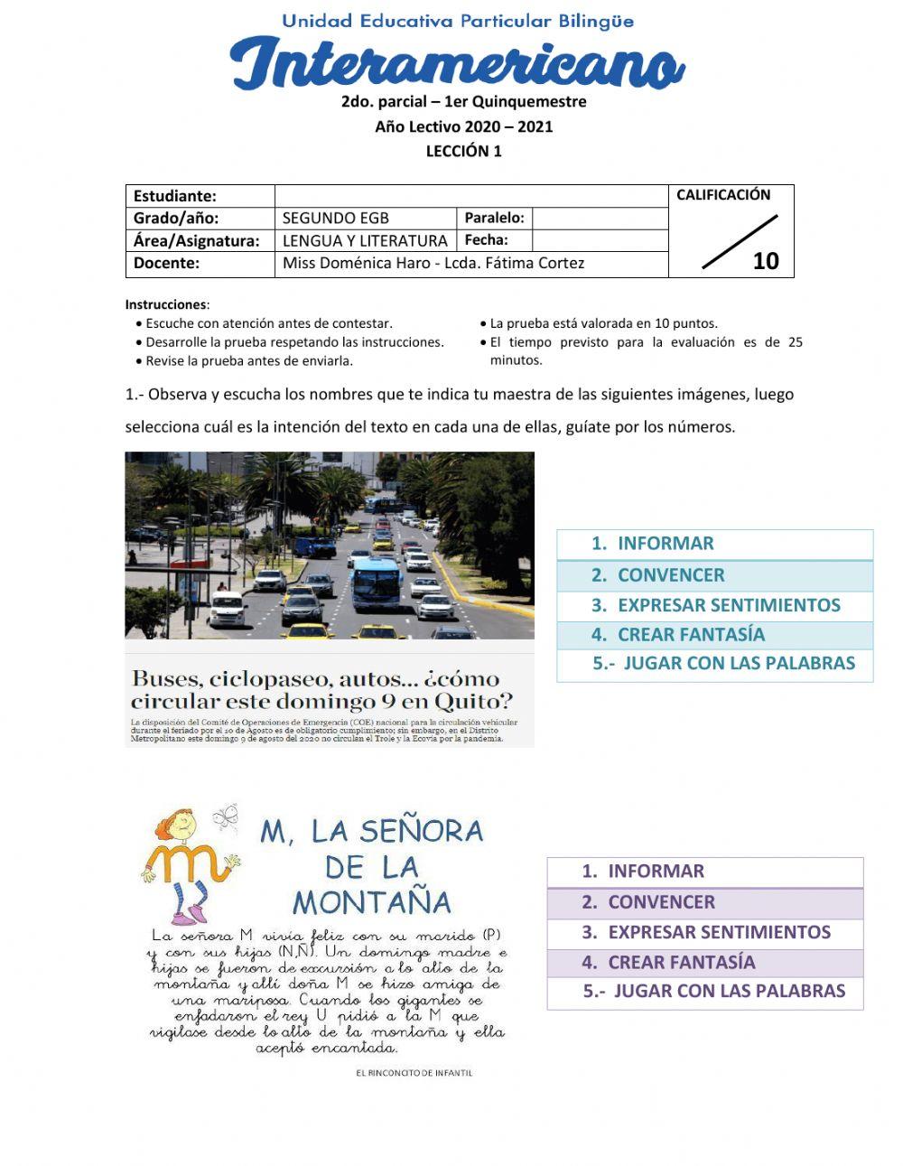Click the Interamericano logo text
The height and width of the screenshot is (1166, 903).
pyautogui.click(x=457, y=64)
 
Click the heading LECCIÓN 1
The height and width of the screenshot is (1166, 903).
pyautogui.click(x=463, y=152)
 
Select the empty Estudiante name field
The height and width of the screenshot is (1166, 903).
pyautogui.click(x=470, y=196)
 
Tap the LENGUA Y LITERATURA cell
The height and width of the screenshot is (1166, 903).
pyautogui.click(x=366, y=240)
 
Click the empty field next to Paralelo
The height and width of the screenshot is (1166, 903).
pyautogui.click(x=599, y=218)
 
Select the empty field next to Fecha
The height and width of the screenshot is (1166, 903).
pyautogui.click(x=599, y=240)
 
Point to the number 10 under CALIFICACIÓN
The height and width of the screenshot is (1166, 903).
pyautogui.click(x=765, y=261)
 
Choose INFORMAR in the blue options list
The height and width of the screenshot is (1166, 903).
pyautogui.click(x=665, y=544)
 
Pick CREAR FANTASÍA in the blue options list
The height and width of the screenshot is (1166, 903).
pyautogui.click(x=690, y=635)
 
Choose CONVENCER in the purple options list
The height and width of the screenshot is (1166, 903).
pyautogui.click(x=660, y=902)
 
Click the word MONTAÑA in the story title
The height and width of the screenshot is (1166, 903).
pyautogui.click(x=371, y=902)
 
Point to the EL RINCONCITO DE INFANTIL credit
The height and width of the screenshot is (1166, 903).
pyautogui.click(x=414, y=1073)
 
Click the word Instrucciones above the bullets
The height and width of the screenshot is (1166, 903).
pyautogui.click(x=166, y=305)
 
